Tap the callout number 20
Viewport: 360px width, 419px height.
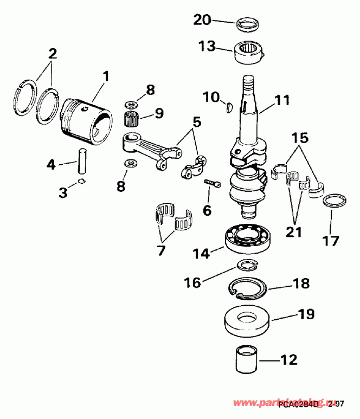203,20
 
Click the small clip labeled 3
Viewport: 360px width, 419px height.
81,182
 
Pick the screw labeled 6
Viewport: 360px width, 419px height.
212,184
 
